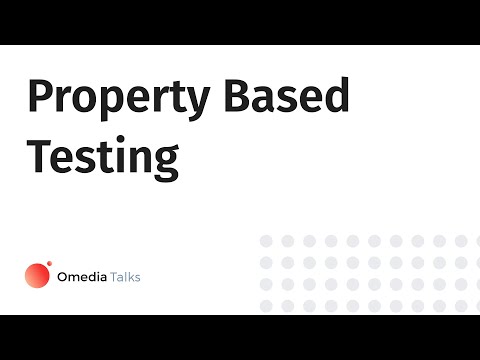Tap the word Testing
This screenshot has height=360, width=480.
pyautogui.click(x=102, y=156)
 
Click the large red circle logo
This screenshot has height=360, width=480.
pyautogui.click(x=37, y=275)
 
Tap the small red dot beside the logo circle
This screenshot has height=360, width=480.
pyautogui.click(x=50, y=264)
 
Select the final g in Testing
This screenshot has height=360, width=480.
pyautogui.click(x=165, y=162)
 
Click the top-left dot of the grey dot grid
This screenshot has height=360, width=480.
pyautogui.click(x=266, y=241)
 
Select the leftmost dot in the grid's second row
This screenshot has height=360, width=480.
pyautogui.click(x=266, y=262)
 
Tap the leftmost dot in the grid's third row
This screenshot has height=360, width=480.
pyautogui.click(x=266, y=284)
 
